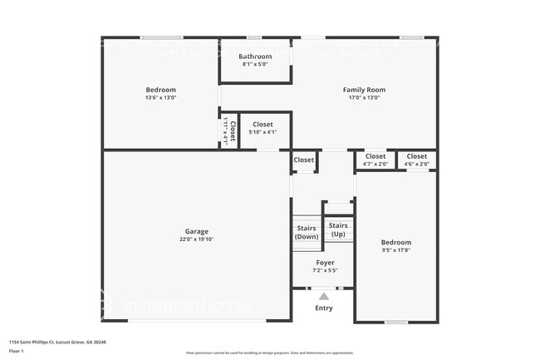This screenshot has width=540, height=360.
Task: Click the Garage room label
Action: point(197,231)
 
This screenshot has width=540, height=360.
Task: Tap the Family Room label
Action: point(364,90)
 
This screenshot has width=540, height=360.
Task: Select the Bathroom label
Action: point(255,56)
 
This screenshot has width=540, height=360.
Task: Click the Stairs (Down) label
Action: point(307,232)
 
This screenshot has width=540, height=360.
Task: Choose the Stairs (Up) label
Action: point(338,229)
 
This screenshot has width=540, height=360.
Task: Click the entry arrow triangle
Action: point(324,296)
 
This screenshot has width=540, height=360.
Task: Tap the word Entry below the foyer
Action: point(324,308)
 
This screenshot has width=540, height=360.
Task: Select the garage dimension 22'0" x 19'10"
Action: point(197,239)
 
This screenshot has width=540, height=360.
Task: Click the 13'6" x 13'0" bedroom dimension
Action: point(161,97)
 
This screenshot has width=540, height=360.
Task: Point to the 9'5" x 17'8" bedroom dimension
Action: point(395,250)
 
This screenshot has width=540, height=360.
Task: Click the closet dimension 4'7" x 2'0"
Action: point(376,164)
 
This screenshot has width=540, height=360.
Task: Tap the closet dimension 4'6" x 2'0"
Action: point(417,164)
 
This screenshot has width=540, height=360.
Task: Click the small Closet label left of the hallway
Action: point(304,160)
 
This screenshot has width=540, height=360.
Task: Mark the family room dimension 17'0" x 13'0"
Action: point(364,97)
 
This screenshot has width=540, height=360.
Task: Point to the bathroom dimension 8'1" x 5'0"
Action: point(255,64)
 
